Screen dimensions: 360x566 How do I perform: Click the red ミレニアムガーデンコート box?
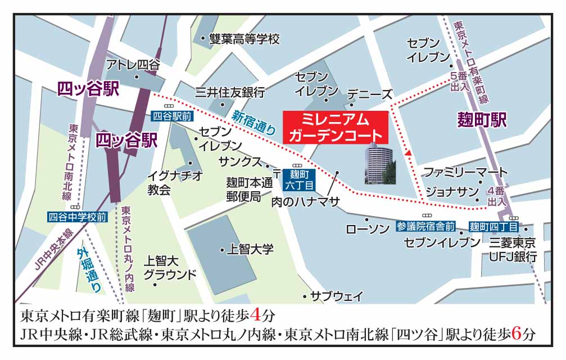click(336, 127)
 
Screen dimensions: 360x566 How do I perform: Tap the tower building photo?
click(380, 164)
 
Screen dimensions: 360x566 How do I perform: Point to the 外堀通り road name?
click(90, 271)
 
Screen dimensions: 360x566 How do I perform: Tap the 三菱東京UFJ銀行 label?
click(513, 249)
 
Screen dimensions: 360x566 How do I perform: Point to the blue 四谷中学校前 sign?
click(77, 217)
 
